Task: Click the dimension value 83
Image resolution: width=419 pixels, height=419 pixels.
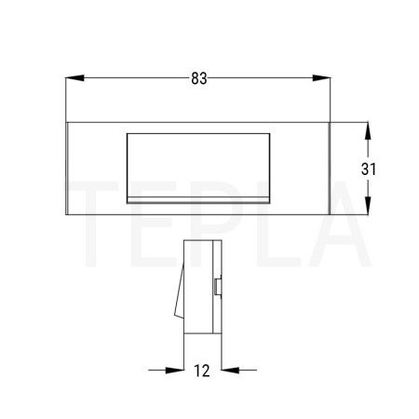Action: coord(199,78)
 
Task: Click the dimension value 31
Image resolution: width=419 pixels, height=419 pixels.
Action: coord(369,169)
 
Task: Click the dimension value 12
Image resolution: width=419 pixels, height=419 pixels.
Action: coord(202,371)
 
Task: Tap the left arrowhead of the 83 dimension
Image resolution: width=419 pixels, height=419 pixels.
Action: coord(74,78)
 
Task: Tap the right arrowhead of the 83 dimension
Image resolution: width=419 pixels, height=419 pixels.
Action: coord(321,78)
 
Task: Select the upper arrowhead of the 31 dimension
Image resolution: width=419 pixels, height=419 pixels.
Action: coord(368,131)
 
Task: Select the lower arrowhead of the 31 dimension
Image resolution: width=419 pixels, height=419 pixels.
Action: coord(368,205)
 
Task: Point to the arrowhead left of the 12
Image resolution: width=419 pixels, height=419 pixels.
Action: coord(175,370)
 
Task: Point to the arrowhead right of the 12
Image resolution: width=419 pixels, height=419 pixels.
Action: coord(230,370)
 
